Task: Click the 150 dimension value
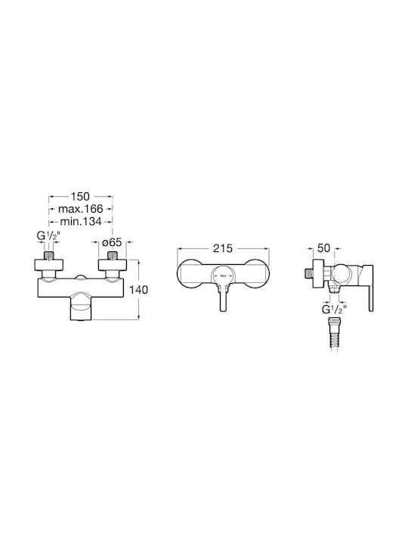tap(80, 196)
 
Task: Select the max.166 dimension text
tap(81, 209)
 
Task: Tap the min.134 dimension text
tap(81, 221)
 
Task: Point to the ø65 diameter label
tap(112, 242)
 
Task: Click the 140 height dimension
tap(138, 289)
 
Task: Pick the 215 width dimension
tap(223, 248)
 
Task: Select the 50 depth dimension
tap(323, 248)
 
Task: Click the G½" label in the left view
tap(48, 236)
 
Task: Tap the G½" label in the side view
tap(334, 309)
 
